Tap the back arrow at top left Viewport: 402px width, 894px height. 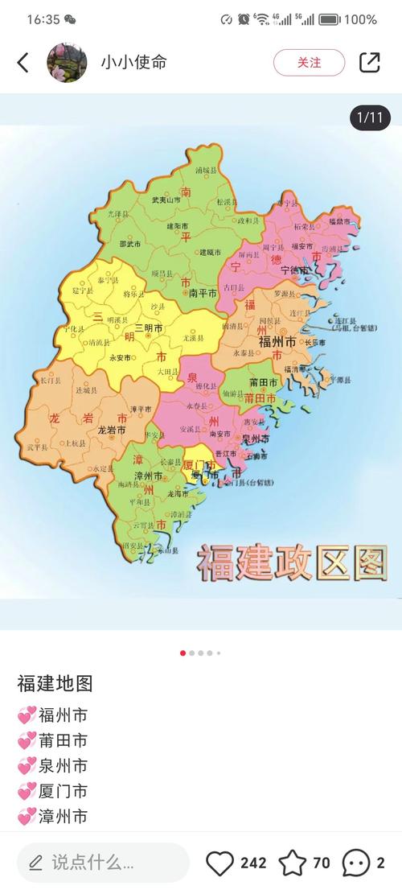pos(23,63)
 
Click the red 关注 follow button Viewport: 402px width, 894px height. pos(309,63)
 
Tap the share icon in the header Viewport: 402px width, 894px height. pos(369,63)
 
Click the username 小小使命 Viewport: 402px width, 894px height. pos(133,63)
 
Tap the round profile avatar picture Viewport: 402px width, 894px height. pos(67,63)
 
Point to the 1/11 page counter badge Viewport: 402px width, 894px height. pos(370,117)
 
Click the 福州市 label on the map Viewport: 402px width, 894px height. pos(277,342)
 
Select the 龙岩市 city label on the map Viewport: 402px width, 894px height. pos(112,431)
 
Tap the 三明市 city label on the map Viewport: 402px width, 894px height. pos(148,328)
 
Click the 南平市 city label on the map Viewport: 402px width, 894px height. pos(203,294)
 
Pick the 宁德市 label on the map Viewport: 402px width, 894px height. pos(294,270)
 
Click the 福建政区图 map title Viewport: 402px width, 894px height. pos(293,562)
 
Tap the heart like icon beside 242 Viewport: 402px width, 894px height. pos(219,863)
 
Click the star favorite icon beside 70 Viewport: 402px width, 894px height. pos(292,863)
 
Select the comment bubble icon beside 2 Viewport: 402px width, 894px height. pos(355,863)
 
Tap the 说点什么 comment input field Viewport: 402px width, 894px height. pos(103,863)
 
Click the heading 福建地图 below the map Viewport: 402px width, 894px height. pos(55,684)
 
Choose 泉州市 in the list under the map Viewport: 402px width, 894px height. pos(63,766)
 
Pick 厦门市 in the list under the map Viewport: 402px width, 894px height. pos(63,792)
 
